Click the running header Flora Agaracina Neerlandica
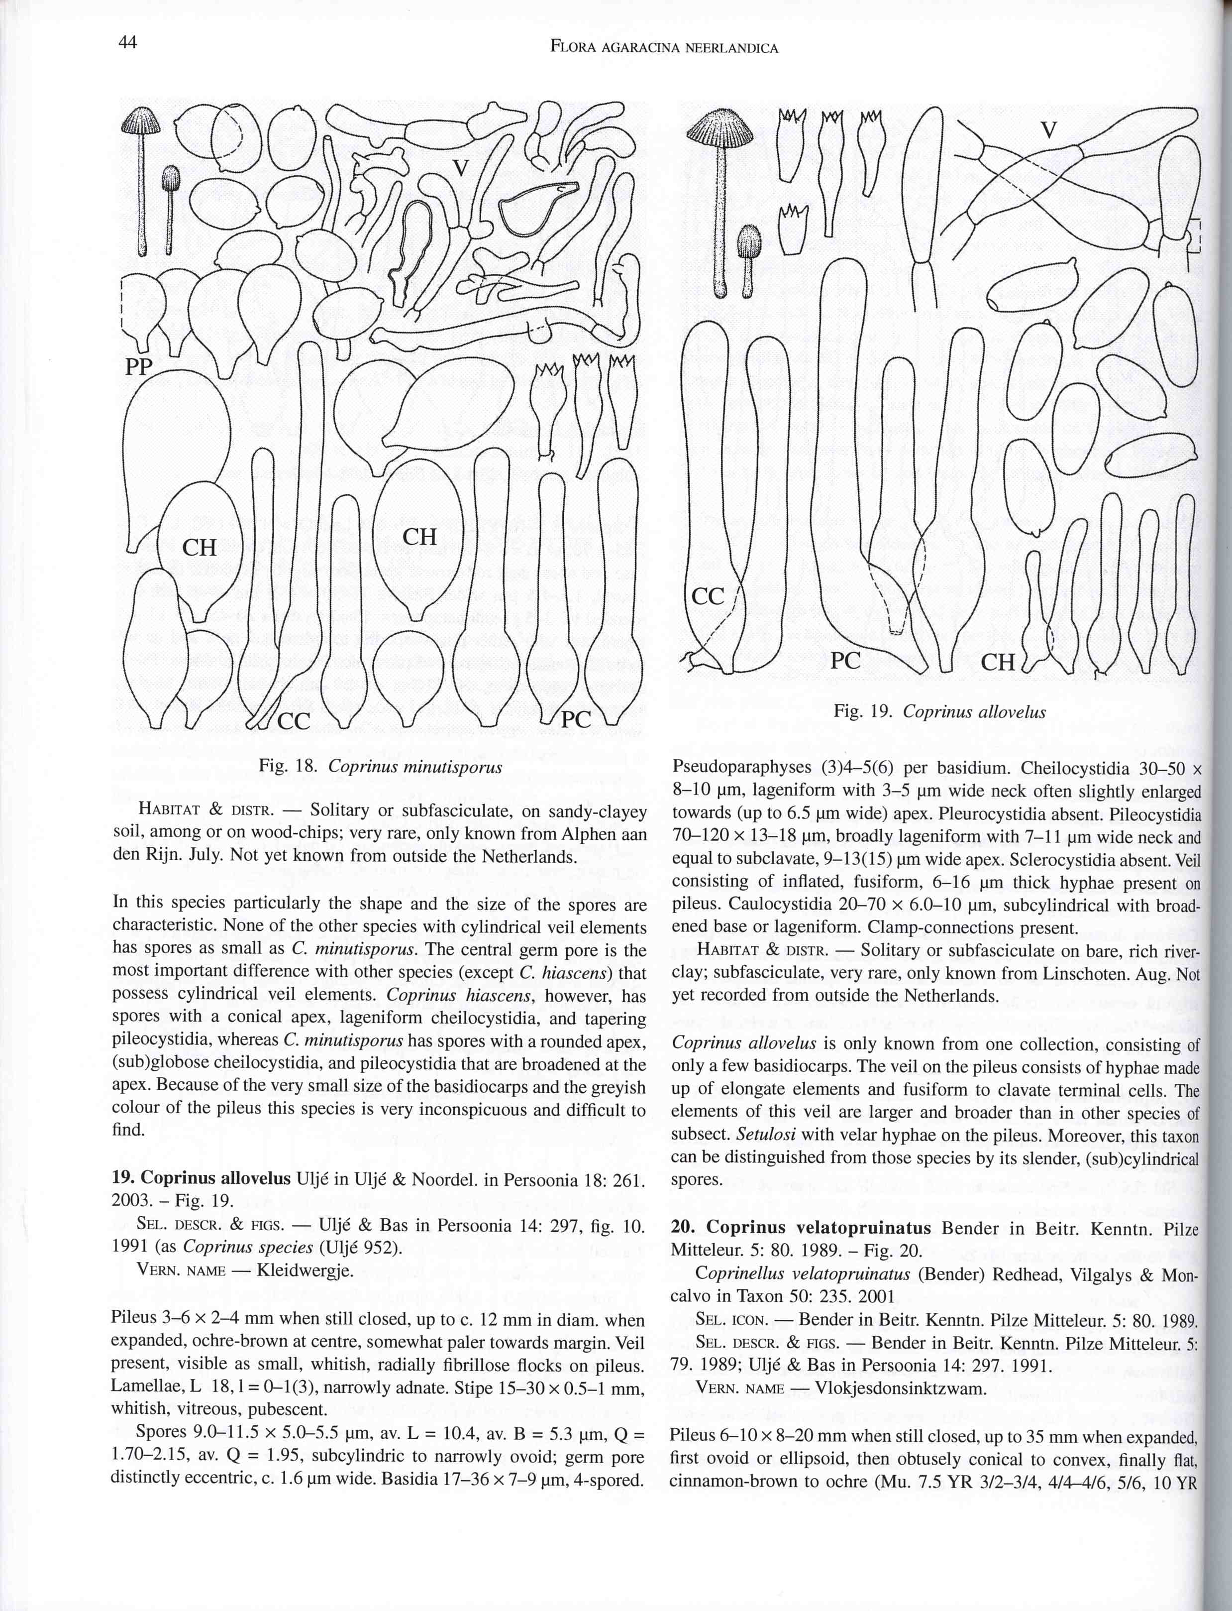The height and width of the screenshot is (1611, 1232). pyautogui.click(x=664, y=48)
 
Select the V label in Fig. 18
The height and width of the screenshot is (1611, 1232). pyautogui.click(x=460, y=168)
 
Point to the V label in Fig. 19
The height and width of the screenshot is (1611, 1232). pyautogui.click(x=1049, y=130)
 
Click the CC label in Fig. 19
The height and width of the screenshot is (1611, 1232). pyautogui.click(x=709, y=596)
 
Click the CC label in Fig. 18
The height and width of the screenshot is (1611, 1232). pyautogui.click(x=294, y=722)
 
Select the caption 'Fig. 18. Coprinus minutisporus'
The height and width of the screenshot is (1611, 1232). pyautogui.click(x=381, y=767)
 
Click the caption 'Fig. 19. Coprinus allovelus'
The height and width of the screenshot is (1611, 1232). pyautogui.click(x=939, y=711)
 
